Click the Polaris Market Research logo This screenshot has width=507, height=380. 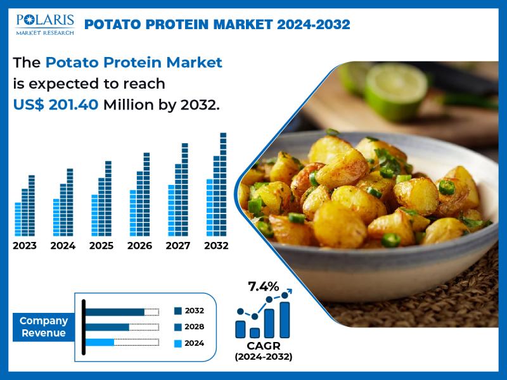click(45, 24)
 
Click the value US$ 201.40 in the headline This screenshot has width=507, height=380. click(56, 104)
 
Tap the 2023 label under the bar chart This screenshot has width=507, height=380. click(25, 246)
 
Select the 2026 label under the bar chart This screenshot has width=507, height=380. click(139, 246)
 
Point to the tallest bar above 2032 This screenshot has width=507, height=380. click(223, 184)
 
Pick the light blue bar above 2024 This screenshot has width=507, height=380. click(56, 217)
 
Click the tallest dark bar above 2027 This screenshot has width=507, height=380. click(184, 189)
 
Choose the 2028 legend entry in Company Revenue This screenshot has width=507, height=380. click(189, 327)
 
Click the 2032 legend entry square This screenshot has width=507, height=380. click(178, 311)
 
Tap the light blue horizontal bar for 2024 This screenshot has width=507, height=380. click(99, 342)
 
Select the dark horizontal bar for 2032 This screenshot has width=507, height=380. click(115, 312)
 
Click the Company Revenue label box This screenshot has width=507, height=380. click(44, 327)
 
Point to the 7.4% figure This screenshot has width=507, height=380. click(263, 286)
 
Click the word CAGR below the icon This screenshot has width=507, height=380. click(264, 346)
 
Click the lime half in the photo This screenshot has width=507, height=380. click(396, 91)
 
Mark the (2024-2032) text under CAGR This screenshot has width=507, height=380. click(264, 357)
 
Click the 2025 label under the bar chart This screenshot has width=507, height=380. click(101, 246)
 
